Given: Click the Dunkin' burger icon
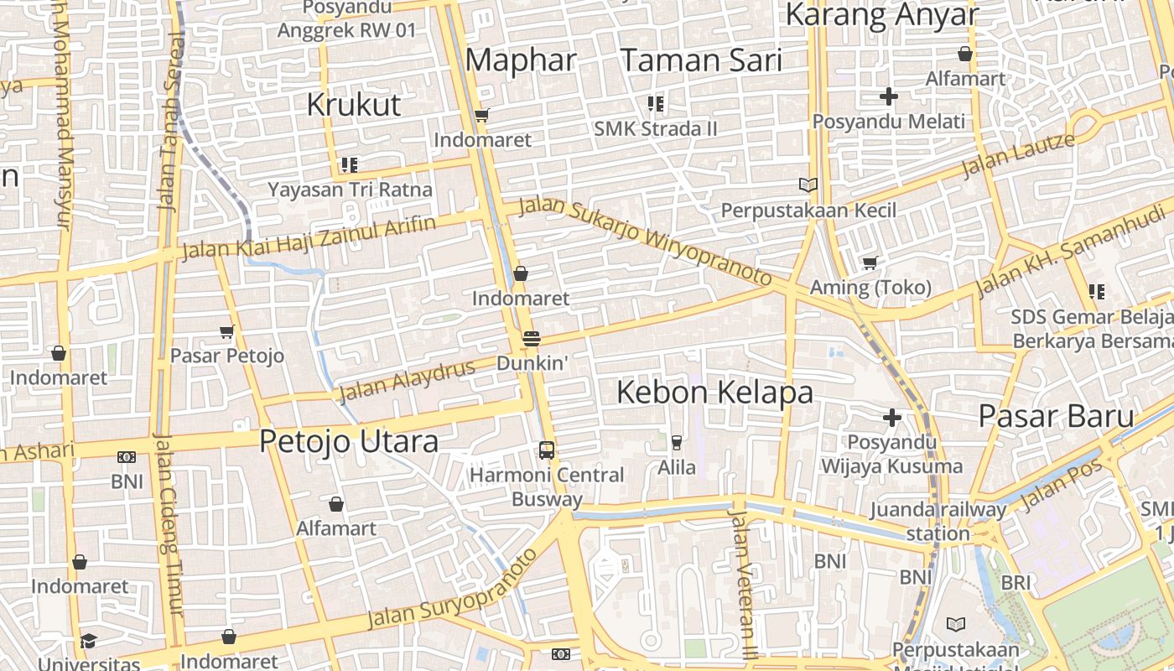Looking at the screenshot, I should pos(531,339).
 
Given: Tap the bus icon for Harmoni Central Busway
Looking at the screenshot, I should pos(547,450).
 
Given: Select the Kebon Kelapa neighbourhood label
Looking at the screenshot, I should pos(714,393).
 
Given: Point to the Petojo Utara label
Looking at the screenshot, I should pos(349,441).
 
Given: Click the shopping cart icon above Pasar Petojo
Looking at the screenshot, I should pos(227,332).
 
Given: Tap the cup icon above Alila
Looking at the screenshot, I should pos(677,442).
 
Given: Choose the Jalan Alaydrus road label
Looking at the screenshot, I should pos(407,379).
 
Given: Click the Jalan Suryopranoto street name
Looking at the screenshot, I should pos(452,589).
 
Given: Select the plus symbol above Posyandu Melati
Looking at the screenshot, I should pos(889,97).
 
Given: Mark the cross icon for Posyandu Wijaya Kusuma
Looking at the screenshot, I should pos(892,418).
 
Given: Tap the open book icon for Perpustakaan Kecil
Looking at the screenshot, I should pos(808,185).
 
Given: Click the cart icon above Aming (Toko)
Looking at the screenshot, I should pos(870,263).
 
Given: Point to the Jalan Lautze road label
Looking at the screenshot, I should pos(1017,156).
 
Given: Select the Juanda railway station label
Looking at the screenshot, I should pos(938,521).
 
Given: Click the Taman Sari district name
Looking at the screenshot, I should pos(701,60).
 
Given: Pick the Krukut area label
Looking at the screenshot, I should pos(354,105).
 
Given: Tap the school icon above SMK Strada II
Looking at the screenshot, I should pos(656,104).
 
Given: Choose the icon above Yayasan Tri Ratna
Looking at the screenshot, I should pos(350,165).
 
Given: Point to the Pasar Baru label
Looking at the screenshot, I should pos(1057,416).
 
